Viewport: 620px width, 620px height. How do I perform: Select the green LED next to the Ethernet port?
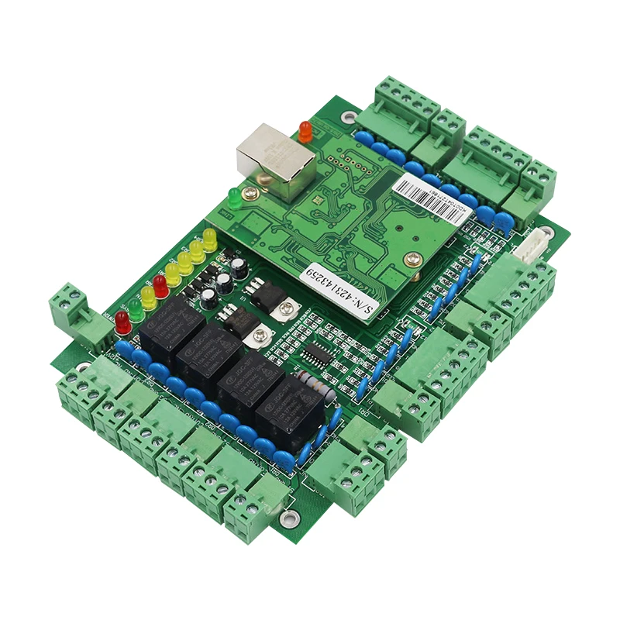coord(234,197)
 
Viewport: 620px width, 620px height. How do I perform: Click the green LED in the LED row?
coord(136,309)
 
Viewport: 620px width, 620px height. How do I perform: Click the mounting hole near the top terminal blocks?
coord(346,118)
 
